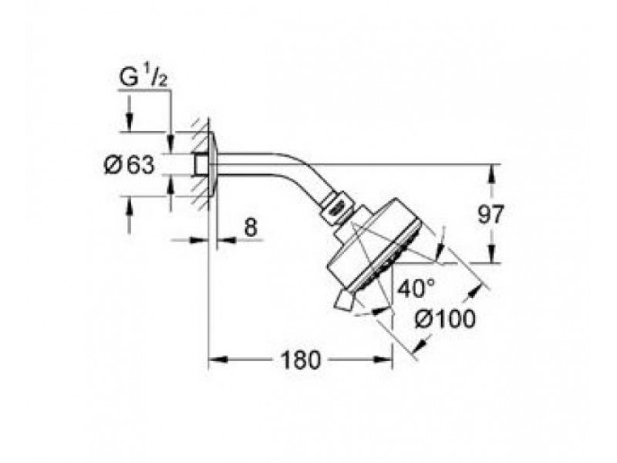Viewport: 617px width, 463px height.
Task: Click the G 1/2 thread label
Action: [x=143, y=79]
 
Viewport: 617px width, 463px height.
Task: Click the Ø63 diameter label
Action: [x=129, y=165]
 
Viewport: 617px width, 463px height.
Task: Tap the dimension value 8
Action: [x=251, y=227]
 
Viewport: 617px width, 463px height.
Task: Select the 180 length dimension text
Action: [x=300, y=360]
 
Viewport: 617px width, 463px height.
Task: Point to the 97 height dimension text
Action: [x=491, y=215]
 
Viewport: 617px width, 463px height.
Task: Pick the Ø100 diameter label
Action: [x=445, y=319]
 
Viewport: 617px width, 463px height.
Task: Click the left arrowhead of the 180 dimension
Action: [x=217, y=359]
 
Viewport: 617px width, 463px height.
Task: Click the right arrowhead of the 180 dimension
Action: [x=383, y=359]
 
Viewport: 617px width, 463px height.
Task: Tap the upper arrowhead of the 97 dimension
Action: [x=491, y=174]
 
